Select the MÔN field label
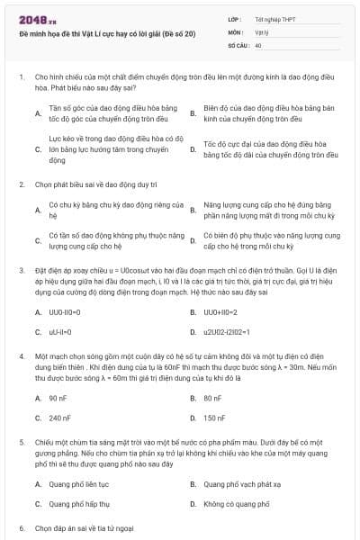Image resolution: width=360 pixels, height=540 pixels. point(235,31)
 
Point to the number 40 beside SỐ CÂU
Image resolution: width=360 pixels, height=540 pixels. point(258,44)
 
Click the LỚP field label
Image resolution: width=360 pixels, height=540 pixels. point(235,19)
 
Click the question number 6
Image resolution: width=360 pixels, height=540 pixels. point(22,527)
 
